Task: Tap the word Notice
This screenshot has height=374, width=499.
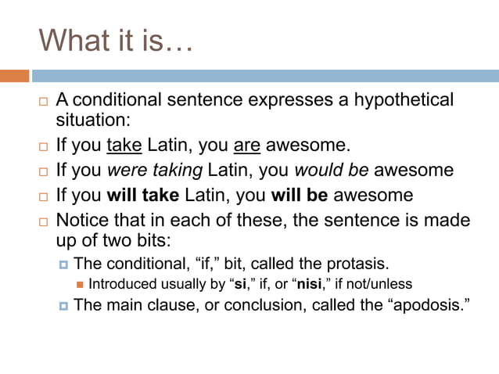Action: click(82, 220)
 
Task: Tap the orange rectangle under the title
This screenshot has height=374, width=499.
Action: click(14, 76)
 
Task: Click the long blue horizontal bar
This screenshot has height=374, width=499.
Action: click(265, 76)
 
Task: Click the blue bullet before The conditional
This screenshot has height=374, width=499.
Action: click(63, 264)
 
